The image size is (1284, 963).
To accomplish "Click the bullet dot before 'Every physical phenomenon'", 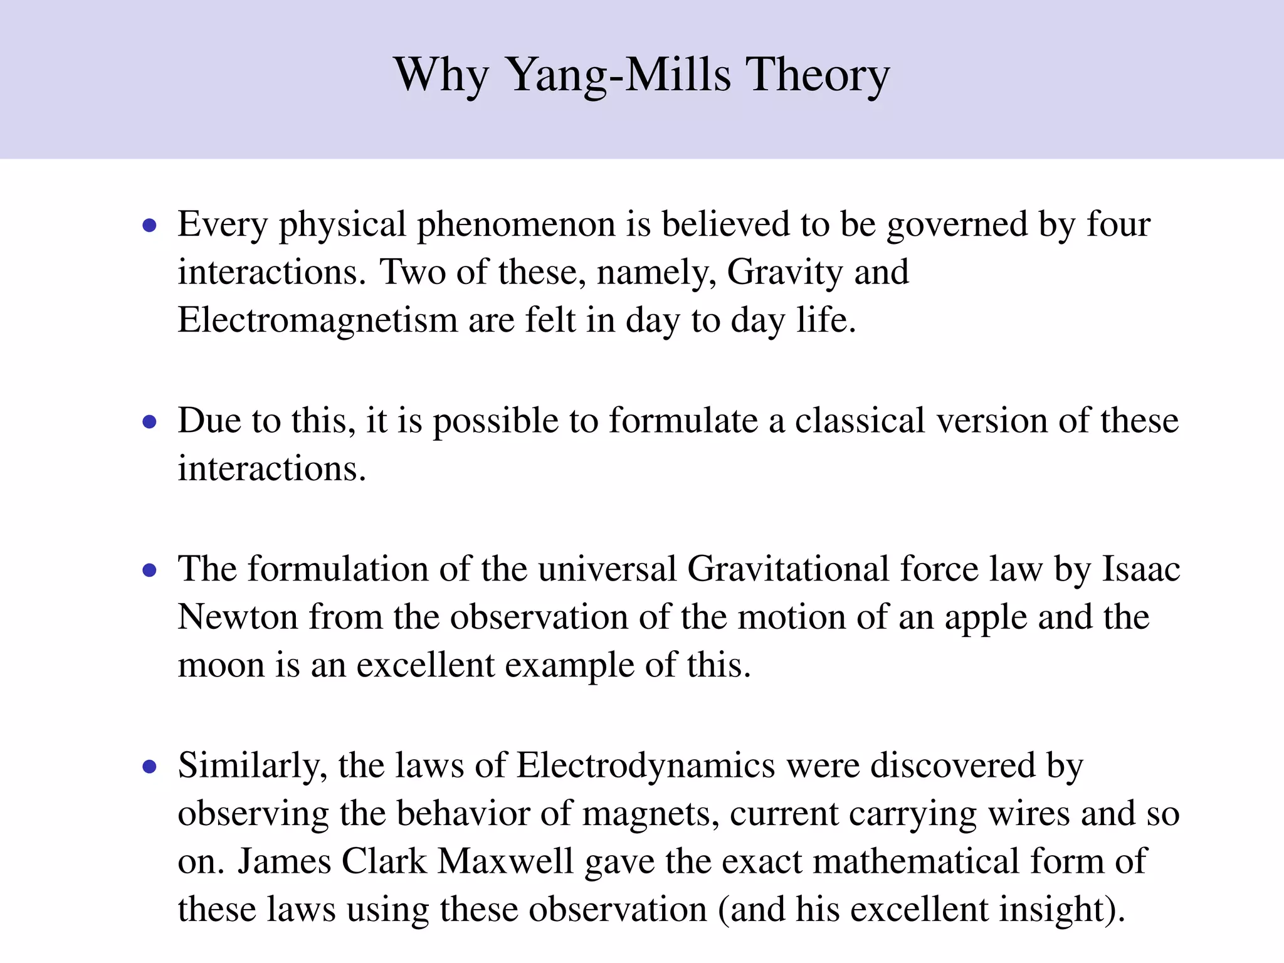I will pos(149,226).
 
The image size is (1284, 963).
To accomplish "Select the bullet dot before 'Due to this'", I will pos(149,422).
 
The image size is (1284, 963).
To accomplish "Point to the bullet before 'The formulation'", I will pos(149,571).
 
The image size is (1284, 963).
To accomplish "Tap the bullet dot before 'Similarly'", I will pos(149,767).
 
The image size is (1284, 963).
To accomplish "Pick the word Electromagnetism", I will pos(317,320).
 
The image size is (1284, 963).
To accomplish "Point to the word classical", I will pos(860,421).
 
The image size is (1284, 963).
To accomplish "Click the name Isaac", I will pos(1140,569).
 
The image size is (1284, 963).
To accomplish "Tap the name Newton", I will pos(238,618).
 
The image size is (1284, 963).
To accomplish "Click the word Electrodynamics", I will pos(646,766).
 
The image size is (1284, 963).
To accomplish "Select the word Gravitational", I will pos(788,569).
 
